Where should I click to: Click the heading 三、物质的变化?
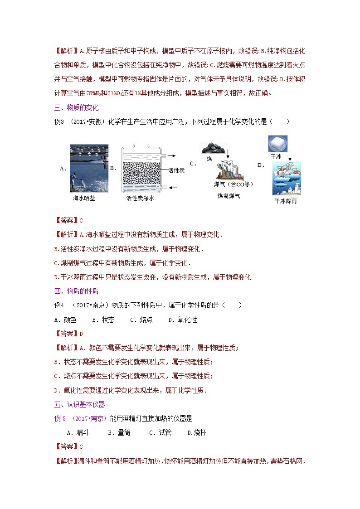click(x=76, y=107)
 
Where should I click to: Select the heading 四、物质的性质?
click(x=76, y=291)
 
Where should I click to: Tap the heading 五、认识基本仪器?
click(x=79, y=404)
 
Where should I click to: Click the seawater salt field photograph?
click(x=89, y=168)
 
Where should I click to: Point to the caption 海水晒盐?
click(x=84, y=198)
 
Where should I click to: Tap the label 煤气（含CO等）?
click(x=234, y=184)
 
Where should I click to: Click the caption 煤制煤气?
click(x=229, y=195)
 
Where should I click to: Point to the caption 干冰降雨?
click(x=285, y=201)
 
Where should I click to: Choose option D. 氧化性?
click(x=182, y=320)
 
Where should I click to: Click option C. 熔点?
click(x=141, y=320)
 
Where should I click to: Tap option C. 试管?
click(x=160, y=432)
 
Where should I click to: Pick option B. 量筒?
click(x=119, y=432)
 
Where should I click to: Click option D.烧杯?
click(x=197, y=432)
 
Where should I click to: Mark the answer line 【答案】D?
click(x=68, y=334)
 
